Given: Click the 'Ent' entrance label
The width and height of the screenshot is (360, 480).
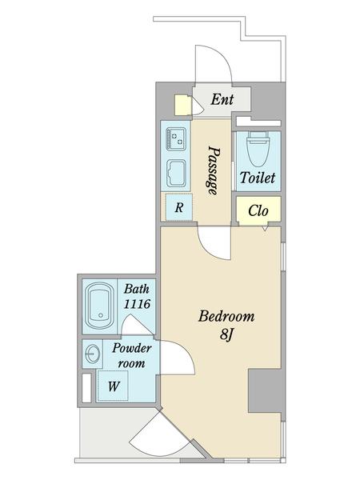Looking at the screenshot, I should click(222, 100).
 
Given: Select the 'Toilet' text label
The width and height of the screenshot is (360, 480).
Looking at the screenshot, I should click(258, 178).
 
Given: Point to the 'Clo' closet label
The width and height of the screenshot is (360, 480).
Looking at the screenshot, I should click(258, 211).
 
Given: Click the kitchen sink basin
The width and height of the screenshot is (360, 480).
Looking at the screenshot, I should click(176, 171).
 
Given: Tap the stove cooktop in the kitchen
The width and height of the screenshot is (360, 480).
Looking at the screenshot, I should click(175, 139).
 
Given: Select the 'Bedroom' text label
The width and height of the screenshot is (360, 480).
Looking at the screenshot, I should click(226, 315).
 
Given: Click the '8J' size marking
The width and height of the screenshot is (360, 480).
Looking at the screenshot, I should click(226, 334).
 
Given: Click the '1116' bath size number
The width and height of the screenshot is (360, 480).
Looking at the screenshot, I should click(138, 305).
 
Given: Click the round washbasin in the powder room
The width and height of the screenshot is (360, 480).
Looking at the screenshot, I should click(91, 353).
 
